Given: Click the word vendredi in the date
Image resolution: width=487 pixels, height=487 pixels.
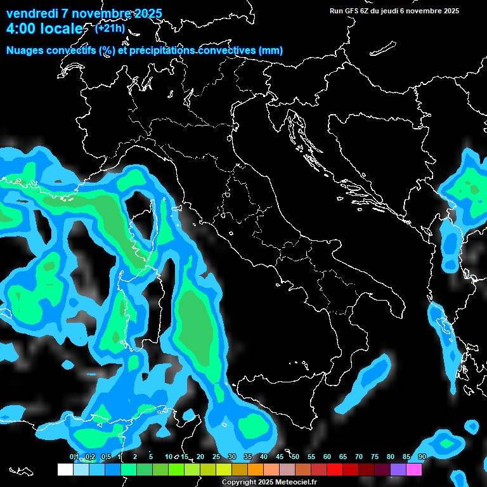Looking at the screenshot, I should (x=32, y=13).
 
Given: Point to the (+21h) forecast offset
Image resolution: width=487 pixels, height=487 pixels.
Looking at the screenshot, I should (x=110, y=28).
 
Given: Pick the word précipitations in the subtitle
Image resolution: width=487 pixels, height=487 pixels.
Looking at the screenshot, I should (x=160, y=51).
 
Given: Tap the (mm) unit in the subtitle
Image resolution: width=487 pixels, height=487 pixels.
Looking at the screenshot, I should (x=271, y=51).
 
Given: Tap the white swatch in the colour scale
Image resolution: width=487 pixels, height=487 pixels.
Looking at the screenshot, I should (x=65, y=469).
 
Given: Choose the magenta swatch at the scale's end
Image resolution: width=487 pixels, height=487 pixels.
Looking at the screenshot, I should (x=414, y=469).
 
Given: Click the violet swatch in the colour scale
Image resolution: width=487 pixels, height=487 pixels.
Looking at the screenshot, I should (x=398, y=469).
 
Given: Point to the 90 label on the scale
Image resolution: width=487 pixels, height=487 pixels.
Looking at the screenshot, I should (x=422, y=457).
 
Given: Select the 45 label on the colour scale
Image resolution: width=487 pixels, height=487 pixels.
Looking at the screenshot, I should (x=280, y=457).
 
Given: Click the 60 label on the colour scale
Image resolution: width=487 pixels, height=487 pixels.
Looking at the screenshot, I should (x=327, y=457).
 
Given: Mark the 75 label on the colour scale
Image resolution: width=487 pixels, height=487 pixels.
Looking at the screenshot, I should (x=375, y=457).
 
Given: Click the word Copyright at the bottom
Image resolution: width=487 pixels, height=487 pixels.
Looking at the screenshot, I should (x=238, y=483).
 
